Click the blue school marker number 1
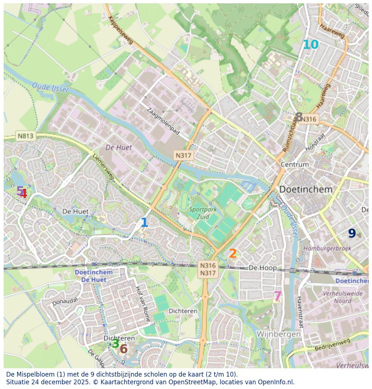[x=144, y=222]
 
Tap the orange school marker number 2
[x=233, y=253]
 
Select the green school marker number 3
[x=115, y=343]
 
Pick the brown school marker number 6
[x=124, y=349]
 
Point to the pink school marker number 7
[x=278, y=296]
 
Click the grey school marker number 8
[x=299, y=117]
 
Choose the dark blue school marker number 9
[x=352, y=233]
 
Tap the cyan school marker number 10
[x=311, y=45]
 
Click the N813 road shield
[x=26, y=136]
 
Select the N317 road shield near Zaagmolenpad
[x=183, y=155]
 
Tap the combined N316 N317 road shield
[x=208, y=269]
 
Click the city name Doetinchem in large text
[x=306, y=190]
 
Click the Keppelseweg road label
[x=121, y=30]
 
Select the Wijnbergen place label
[x=279, y=334]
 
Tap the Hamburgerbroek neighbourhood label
[x=327, y=248]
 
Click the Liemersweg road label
[x=103, y=167]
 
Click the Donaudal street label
[x=65, y=301]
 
